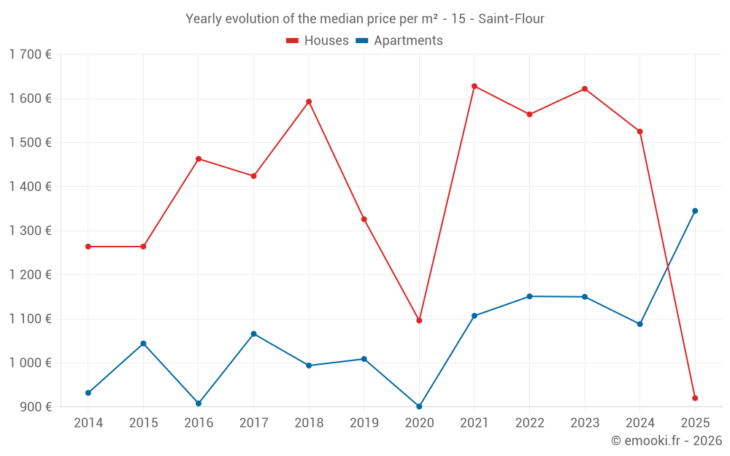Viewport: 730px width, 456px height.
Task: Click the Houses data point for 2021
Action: click(x=474, y=86)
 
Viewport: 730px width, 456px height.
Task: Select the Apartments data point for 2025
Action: click(x=695, y=211)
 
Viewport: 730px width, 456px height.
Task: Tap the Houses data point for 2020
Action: click(x=419, y=320)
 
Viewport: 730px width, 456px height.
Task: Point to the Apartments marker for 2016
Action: click(x=199, y=403)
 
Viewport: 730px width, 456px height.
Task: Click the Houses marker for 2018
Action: click(x=309, y=101)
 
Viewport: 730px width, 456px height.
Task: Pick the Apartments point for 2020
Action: click(x=419, y=406)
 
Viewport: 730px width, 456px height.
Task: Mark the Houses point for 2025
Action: click(x=695, y=398)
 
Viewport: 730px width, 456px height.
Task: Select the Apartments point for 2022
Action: click(x=529, y=296)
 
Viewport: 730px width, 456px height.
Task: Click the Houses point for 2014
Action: click(x=88, y=247)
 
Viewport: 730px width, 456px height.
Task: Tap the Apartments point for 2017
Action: click(x=253, y=333)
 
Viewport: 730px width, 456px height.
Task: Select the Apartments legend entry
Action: click(x=399, y=41)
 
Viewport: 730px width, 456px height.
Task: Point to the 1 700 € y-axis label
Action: click(x=30, y=54)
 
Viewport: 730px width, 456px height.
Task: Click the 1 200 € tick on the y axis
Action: click(x=30, y=274)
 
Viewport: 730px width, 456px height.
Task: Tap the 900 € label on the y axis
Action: click(x=35, y=406)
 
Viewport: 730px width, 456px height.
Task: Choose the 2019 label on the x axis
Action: click(x=364, y=422)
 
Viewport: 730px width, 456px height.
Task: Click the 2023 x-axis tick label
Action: click(x=585, y=422)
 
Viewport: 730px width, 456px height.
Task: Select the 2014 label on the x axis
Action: click(x=88, y=422)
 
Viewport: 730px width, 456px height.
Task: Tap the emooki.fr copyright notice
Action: click(x=666, y=441)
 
